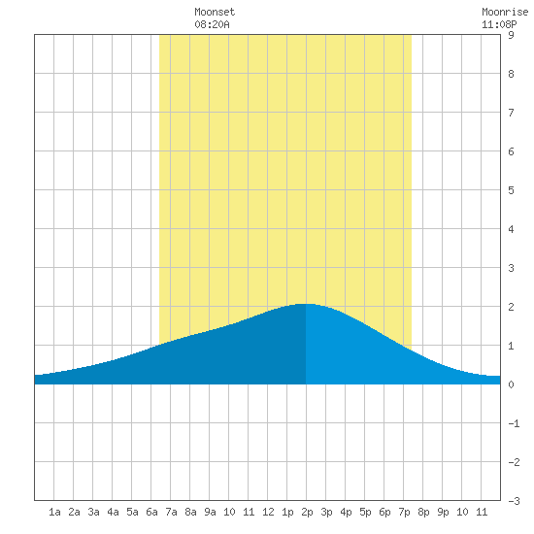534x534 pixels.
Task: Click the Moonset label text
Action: coord(215,12)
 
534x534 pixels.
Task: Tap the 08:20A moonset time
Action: coord(212,24)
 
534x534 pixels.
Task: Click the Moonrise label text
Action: coord(505,12)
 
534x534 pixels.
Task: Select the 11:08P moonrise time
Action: coord(499,24)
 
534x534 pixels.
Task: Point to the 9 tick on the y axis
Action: coord(511,35)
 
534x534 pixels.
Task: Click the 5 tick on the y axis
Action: coord(511,190)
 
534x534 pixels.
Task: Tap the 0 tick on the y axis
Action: coord(511,384)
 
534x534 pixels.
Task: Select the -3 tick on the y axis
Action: coord(514,501)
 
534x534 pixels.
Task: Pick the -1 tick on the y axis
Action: coord(514,423)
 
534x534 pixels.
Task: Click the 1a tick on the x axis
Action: coord(54,512)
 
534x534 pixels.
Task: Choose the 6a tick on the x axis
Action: coord(151,512)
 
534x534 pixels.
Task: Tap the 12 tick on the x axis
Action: coord(268,512)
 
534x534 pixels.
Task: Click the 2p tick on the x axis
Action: coord(307,512)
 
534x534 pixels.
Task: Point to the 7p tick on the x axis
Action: coord(404,512)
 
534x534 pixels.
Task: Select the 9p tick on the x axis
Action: coord(443,512)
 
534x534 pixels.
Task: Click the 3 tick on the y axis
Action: coord(511,268)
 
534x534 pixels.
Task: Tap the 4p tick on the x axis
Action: coord(346,512)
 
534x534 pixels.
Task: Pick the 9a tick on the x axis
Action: coord(210,512)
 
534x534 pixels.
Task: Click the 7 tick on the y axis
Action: coord(511,113)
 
